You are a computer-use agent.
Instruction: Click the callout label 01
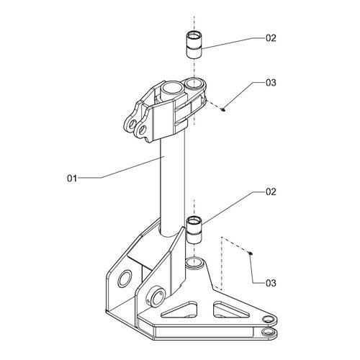coord(72,179)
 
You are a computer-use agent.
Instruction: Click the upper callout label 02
coord(271,38)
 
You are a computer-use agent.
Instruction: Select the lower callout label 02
coord(271,192)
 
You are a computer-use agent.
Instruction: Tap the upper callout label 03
coord(271,83)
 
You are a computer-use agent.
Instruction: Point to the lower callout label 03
coord(271,283)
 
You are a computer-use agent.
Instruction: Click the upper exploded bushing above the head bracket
coord(194,45)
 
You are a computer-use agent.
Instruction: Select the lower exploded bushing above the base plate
coord(194,230)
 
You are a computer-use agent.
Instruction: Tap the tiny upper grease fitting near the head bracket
coord(223,110)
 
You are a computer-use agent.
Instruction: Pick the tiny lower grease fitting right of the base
coord(250,253)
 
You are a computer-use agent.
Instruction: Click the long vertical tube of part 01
coord(173,187)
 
